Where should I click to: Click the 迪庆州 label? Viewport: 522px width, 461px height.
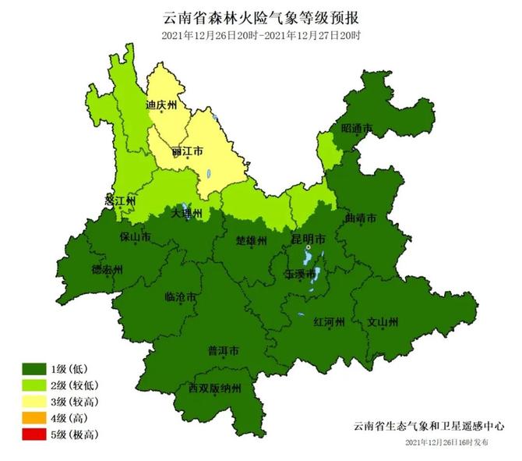(x=162, y=105)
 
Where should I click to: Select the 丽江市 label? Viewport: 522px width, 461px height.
(x=187, y=150)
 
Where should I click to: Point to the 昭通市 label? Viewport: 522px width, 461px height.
(x=357, y=129)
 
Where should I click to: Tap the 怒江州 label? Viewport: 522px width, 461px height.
(x=120, y=200)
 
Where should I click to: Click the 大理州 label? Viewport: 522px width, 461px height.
(x=187, y=213)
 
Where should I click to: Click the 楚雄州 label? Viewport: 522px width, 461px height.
(x=252, y=240)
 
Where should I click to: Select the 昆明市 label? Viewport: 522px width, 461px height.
(x=309, y=239)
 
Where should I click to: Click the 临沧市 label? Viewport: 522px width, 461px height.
(x=181, y=296)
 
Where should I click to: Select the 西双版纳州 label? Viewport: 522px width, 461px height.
(x=215, y=388)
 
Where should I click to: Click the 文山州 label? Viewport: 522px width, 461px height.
(x=383, y=321)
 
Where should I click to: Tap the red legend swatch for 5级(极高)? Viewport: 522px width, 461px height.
(x=35, y=434)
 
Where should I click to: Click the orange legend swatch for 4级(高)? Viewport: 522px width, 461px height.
(x=35, y=417)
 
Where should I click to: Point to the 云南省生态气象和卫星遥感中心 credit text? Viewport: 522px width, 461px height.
(x=428, y=427)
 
